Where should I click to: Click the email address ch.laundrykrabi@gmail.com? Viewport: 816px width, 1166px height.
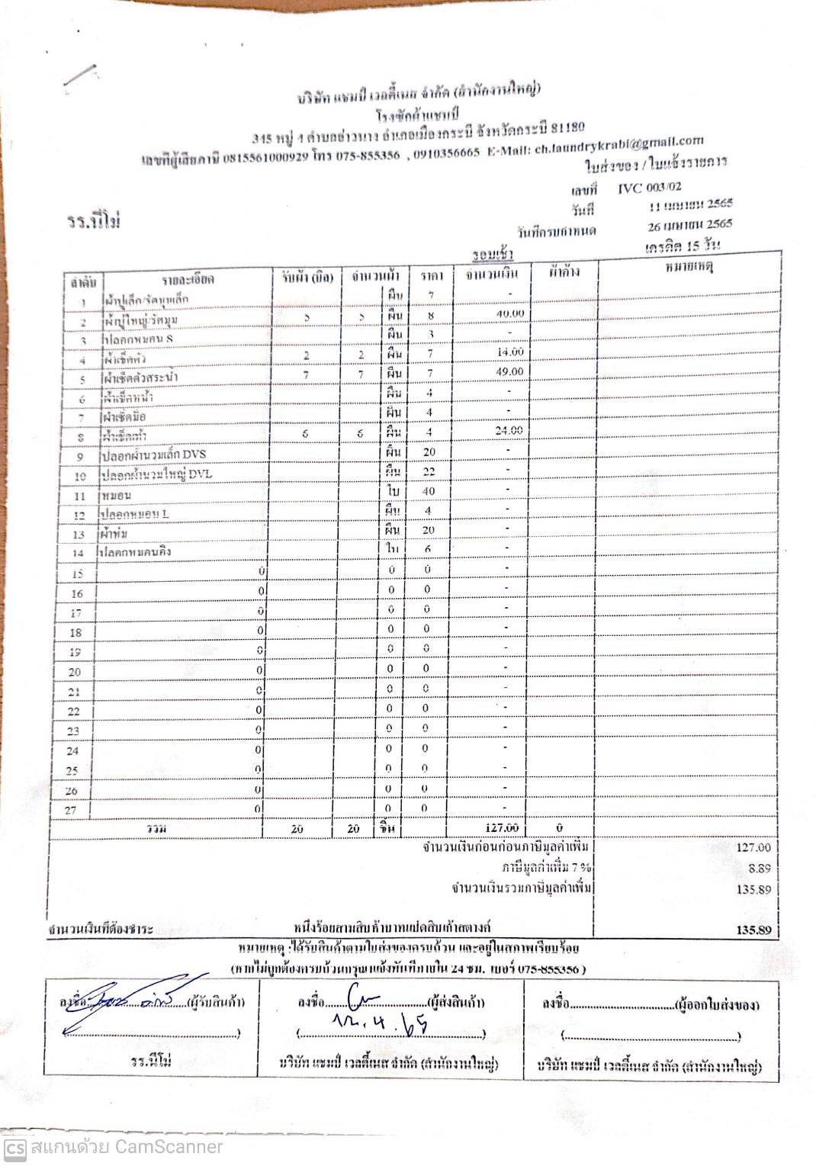pyautogui.click(x=618, y=145)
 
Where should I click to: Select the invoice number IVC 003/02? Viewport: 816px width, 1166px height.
pyautogui.click(x=650, y=188)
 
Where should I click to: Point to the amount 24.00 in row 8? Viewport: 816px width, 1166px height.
pyautogui.click(x=509, y=430)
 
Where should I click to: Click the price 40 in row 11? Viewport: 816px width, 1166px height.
pyautogui.click(x=429, y=491)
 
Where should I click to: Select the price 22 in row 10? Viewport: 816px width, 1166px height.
pyautogui.click(x=429, y=472)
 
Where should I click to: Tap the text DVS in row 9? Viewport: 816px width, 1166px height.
pyautogui.click(x=194, y=454)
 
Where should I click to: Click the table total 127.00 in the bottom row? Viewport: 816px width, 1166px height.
pyautogui.click(x=502, y=827)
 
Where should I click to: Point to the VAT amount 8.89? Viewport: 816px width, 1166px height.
pyautogui.click(x=759, y=868)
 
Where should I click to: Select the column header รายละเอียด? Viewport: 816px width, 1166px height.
pyautogui.click(x=188, y=279)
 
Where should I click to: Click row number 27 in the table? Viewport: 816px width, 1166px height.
pyautogui.click(x=70, y=810)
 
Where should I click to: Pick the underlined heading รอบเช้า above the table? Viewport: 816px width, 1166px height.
pyautogui.click(x=492, y=254)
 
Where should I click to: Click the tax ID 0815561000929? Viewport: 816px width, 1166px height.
pyautogui.click(x=266, y=158)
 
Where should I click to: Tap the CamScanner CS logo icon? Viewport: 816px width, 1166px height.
pyautogui.click(x=14, y=1148)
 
